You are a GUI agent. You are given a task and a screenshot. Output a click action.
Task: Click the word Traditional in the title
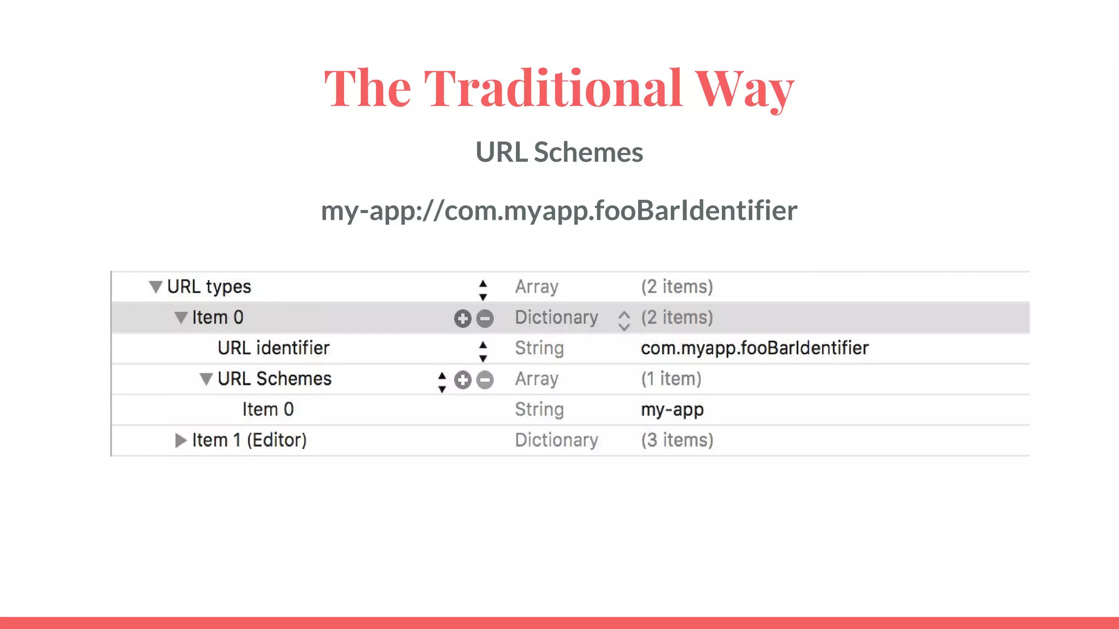coord(552,88)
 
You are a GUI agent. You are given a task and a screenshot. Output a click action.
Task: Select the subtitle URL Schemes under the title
coord(559,152)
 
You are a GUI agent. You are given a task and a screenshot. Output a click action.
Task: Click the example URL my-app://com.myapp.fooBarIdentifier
coord(559,211)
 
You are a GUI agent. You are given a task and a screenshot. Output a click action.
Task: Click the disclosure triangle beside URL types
coord(156,287)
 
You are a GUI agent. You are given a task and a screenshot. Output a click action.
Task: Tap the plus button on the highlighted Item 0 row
coord(462,318)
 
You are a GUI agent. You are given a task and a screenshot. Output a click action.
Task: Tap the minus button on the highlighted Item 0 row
coord(485,318)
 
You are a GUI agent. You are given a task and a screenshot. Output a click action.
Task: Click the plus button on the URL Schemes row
coord(462,380)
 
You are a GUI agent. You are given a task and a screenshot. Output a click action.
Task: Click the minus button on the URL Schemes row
coord(485,380)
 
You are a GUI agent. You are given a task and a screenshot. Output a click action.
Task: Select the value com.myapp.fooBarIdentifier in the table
coord(754,348)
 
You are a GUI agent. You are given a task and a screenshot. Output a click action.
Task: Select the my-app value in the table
coord(672,410)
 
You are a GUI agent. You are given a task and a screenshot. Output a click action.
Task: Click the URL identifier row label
coord(273,348)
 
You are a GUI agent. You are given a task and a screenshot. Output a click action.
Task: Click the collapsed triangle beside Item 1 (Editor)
coord(180,440)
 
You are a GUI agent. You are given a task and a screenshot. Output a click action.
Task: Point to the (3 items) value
coord(677,440)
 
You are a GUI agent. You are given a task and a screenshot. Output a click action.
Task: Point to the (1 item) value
coord(671,379)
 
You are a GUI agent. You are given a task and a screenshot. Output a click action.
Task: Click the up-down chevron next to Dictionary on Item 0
coord(624,321)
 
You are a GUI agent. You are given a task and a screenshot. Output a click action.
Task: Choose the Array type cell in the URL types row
coord(537,287)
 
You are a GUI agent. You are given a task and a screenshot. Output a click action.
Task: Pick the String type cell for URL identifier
coord(539,348)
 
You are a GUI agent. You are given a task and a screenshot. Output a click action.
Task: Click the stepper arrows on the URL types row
coord(482,290)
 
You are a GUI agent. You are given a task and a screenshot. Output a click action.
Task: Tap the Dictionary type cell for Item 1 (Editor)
coord(556,440)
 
